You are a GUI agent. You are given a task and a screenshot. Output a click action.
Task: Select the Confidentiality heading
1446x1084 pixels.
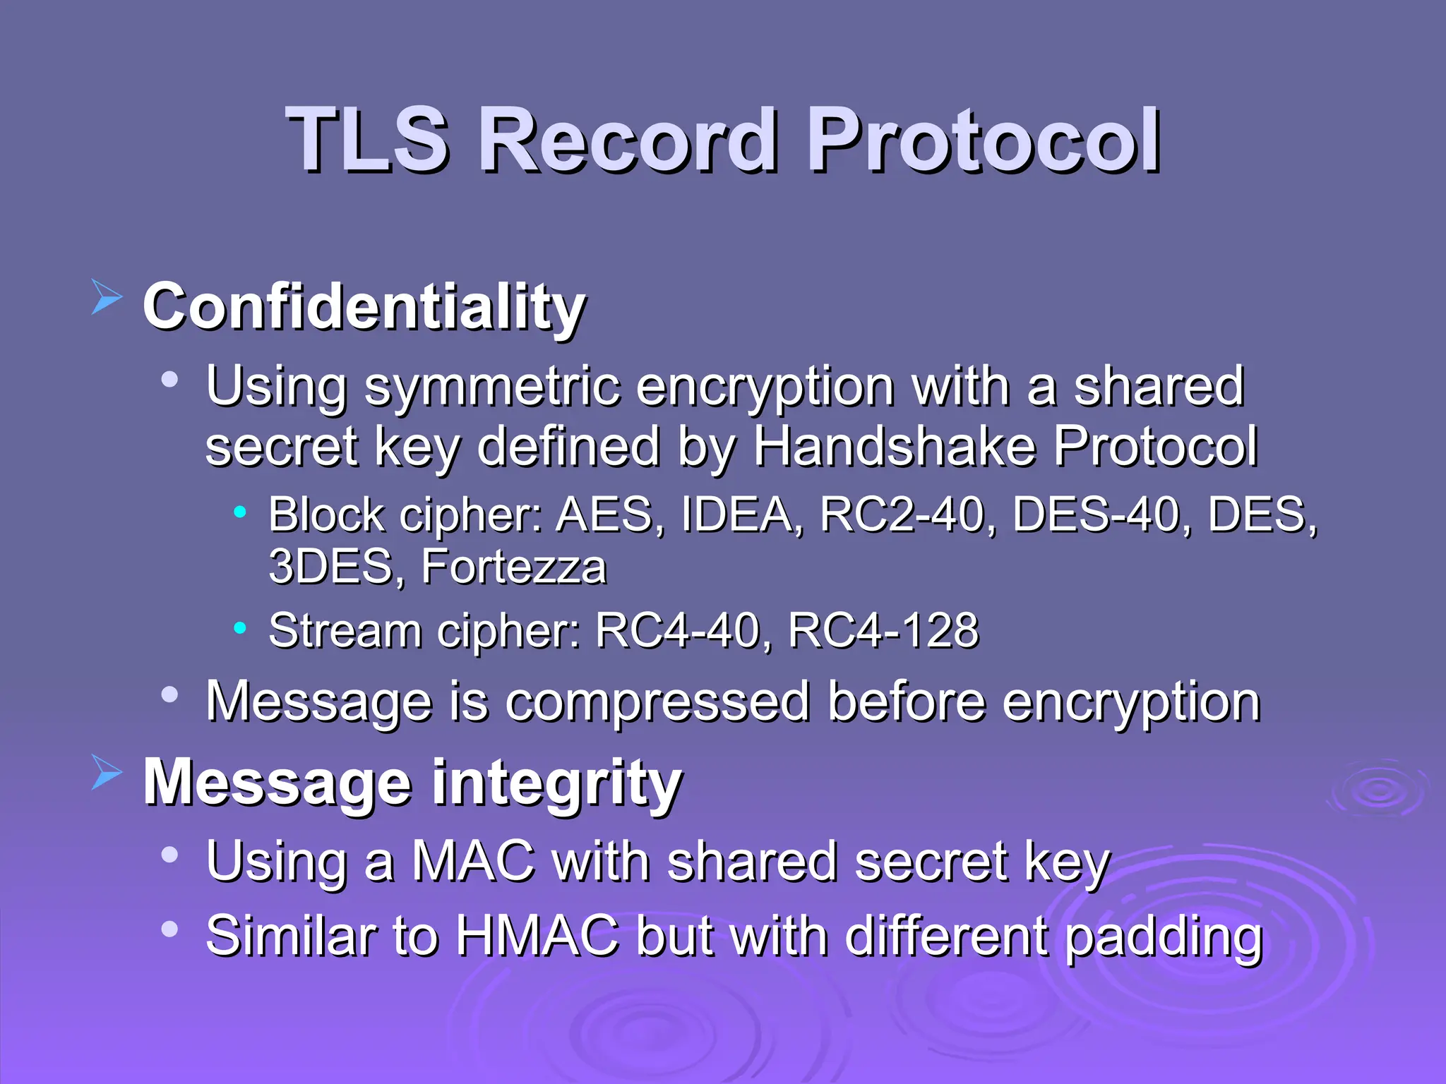(364, 307)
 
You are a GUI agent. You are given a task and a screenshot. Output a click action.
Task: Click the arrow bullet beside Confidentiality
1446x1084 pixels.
(107, 296)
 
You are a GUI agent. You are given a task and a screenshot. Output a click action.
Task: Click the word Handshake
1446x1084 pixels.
(892, 446)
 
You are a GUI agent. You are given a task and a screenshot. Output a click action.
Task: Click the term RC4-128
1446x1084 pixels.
(883, 630)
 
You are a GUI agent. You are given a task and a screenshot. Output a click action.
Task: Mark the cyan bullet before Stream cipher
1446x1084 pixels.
(240, 627)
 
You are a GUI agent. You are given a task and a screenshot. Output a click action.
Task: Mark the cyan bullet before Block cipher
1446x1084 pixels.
(240, 512)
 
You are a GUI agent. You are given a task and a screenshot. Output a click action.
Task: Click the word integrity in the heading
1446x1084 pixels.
(556, 783)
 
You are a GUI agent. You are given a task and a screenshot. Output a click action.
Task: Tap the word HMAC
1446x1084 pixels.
(537, 936)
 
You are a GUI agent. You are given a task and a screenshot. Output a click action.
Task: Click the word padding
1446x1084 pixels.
(1162, 937)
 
